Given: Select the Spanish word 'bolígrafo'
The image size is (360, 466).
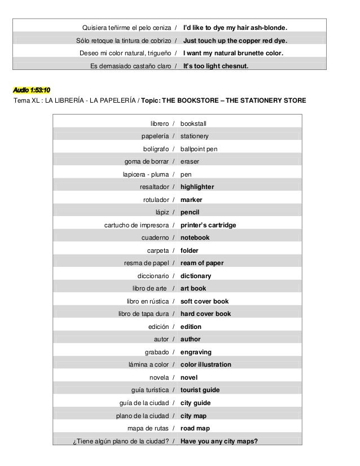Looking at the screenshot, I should pos(152,149).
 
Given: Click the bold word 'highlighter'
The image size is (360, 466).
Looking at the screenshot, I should pos(197,187).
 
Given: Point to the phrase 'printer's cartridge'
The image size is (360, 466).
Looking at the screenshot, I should pos(208,225).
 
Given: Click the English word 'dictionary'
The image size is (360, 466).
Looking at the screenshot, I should pos(196,276).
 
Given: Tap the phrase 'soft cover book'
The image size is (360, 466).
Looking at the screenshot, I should pos(204,301).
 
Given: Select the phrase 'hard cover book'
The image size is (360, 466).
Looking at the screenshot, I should pos(205,314).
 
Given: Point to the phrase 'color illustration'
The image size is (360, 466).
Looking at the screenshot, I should pos(205,364).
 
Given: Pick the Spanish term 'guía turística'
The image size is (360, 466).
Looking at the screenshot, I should pos(150,390).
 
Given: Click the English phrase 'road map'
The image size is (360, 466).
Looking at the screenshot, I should pos(195,428).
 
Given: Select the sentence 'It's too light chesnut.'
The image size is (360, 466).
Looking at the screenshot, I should pos(216,65).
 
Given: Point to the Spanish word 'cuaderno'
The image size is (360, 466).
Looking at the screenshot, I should pos(155,238).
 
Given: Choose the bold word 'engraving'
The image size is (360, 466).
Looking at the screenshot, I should pos(196,352).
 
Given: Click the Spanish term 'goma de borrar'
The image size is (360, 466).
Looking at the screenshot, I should pos(146,161).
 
